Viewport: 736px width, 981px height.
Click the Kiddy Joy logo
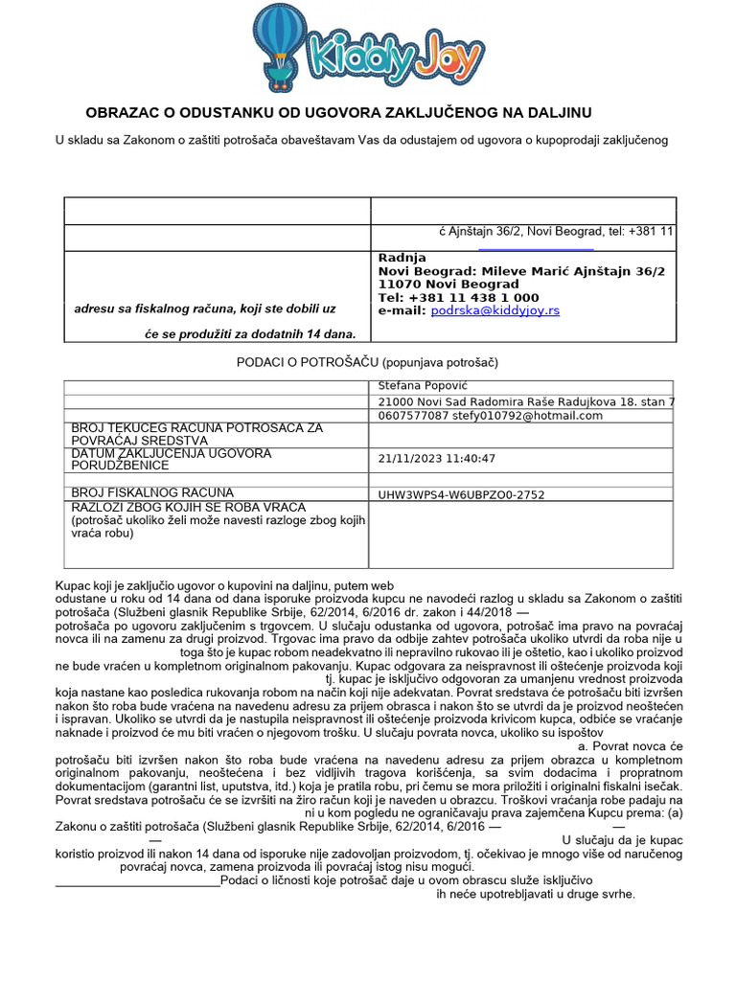tap(369, 42)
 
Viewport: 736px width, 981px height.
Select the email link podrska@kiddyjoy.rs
tap(495, 310)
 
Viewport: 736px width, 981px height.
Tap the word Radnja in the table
tap(402, 258)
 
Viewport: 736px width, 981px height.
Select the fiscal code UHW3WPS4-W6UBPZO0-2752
tap(462, 495)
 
